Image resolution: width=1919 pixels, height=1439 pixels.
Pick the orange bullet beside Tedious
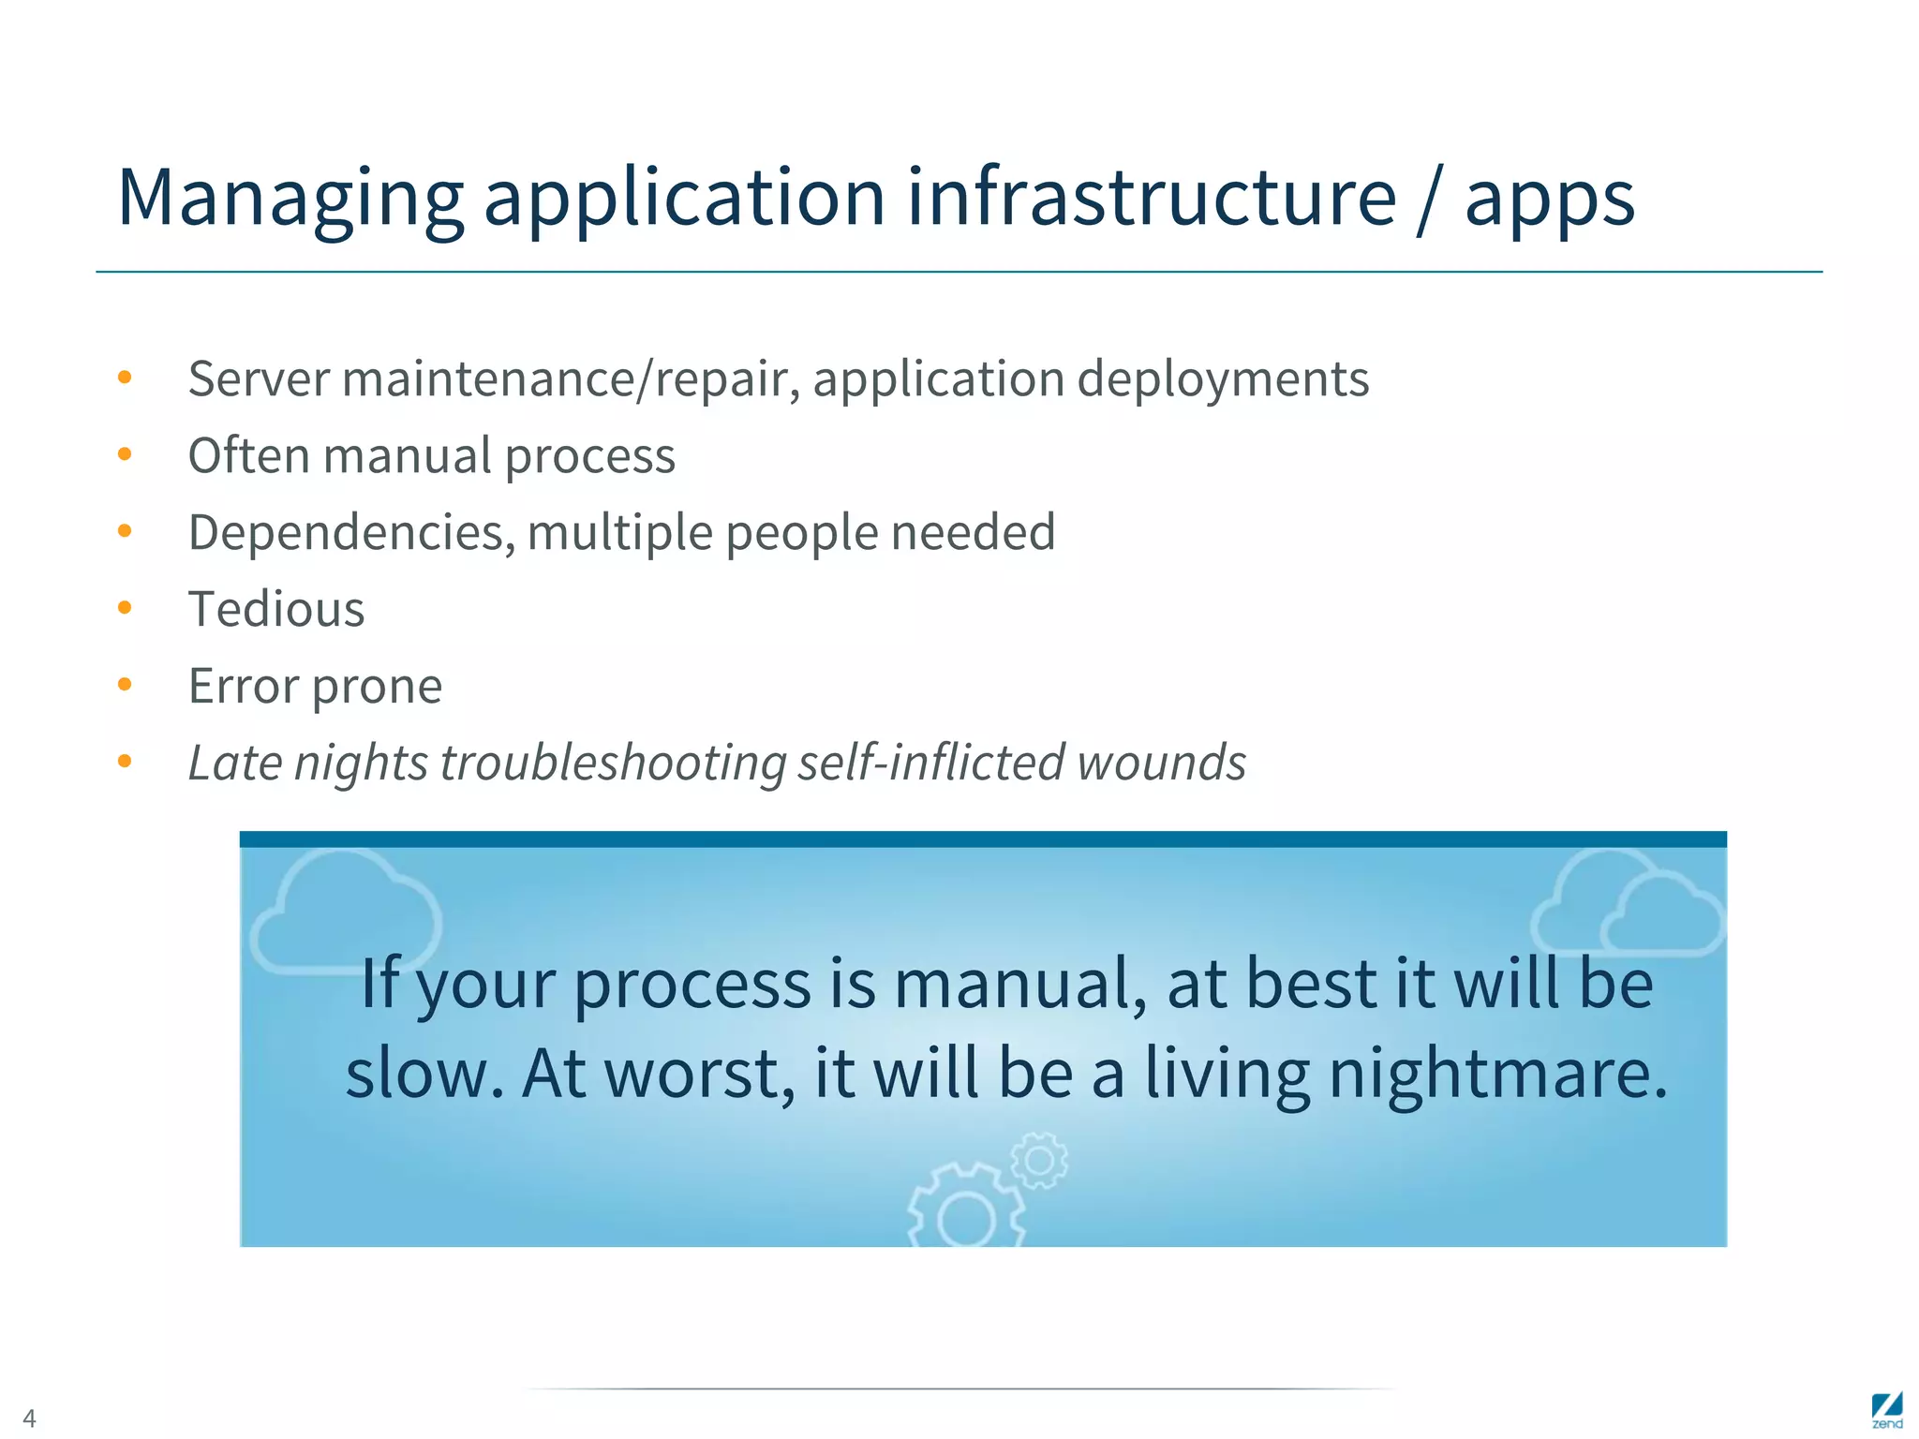[125, 608]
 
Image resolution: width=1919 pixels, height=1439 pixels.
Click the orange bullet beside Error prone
[125, 685]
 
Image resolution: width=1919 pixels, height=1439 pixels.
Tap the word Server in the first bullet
[259, 379]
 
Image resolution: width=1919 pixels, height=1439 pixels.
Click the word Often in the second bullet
[248, 456]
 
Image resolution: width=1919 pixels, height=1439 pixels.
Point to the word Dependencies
[350, 533]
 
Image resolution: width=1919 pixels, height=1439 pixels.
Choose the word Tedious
[276, 610]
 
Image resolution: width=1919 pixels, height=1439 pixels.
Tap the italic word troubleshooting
[613, 764]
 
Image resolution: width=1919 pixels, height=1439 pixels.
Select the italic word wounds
[1161, 763]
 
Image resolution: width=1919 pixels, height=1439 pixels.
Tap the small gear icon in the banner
[1038, 1161]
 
